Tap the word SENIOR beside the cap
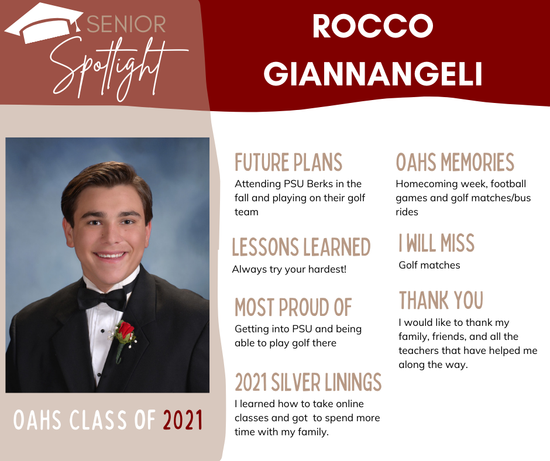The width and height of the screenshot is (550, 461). [126, 24]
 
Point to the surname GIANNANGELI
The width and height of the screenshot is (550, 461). [373, 74]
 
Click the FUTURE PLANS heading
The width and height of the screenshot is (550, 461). [288, 163]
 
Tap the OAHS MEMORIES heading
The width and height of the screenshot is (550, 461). [455, 162]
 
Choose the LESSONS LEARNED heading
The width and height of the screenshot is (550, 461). [301, 247]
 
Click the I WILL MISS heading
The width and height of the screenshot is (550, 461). [436, 243]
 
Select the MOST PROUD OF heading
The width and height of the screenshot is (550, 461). [293, 307]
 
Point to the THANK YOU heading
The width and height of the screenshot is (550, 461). [441, 300]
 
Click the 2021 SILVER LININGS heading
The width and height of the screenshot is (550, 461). [308, 382]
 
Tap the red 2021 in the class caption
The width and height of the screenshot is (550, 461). [183, 420]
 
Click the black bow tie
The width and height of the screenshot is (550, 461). [102, 298]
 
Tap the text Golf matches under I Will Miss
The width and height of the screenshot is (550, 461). [429, 265]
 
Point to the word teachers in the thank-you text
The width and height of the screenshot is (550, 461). [418, 350]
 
